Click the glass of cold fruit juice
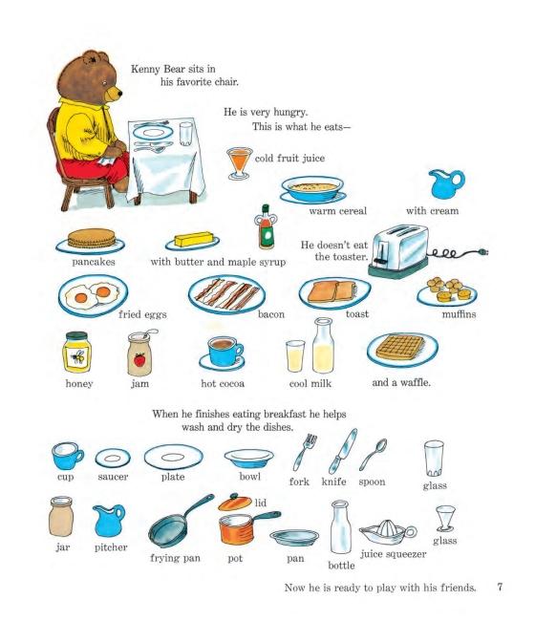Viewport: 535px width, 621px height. (x=239, y=163)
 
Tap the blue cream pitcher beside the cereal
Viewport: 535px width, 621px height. (x=446, y=184)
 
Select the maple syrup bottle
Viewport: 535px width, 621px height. (x=267, y=227)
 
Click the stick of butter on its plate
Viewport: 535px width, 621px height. (x=194, y=239)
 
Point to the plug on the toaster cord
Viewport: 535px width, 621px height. (x=484, y=251)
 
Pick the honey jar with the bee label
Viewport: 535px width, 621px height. (x=76, y=353)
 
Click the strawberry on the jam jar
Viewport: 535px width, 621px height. (x=139, y=360)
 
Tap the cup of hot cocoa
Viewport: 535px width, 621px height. (x=225, y=351)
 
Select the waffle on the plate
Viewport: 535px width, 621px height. (x=400, y=347)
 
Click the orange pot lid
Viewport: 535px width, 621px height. (x=235, y=503)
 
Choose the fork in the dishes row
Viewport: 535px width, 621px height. (x=305, y=452)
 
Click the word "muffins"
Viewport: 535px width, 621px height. (x=459, y=314)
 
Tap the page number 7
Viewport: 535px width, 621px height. (x=500, y=587)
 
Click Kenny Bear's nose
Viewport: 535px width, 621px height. (x=119, y=94)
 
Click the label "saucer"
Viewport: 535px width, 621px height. (x=113, y=477)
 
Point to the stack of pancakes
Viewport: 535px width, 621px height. (x=92, y=239)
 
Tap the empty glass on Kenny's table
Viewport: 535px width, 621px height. (x=185, y=134)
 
